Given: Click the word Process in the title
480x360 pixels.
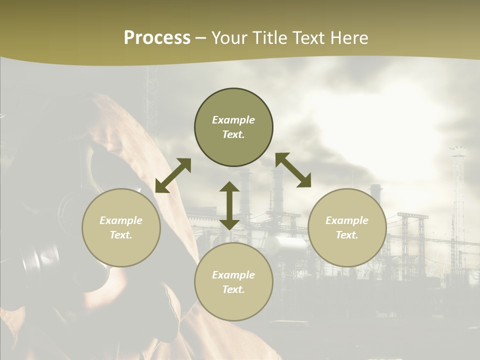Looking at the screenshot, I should pos(157,38).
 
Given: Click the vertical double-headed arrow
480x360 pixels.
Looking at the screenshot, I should pos(229,205).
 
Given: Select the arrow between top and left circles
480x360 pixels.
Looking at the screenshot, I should pos(173,175).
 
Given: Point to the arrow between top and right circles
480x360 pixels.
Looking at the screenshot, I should pos(293,170).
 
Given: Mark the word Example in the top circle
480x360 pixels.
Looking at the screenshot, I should pos(233,120).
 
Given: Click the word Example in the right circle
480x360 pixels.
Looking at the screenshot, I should pos(347,220).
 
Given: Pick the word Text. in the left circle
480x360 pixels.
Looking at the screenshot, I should pos(121,235).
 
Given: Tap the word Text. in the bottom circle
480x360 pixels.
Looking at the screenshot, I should pos(233,290).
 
